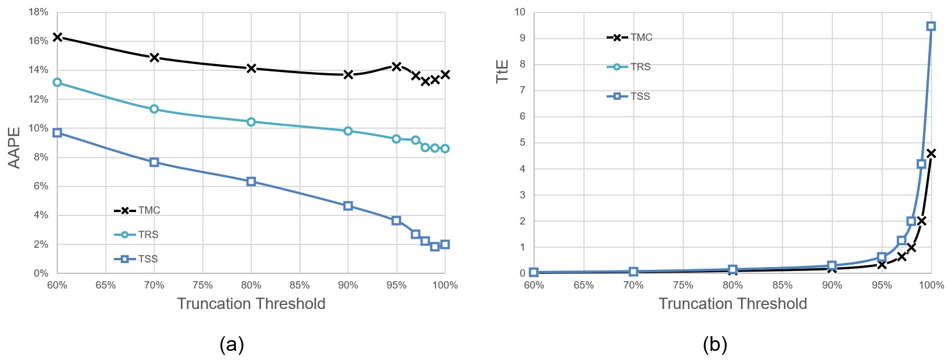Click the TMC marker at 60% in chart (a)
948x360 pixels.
(57, 37)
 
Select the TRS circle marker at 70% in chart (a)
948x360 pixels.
(154, 109)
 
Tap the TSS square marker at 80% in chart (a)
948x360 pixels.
(251, 181)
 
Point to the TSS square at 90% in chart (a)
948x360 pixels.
(348, 206)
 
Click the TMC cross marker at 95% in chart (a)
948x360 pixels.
(396, 66)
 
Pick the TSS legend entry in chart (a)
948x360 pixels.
(136, 259)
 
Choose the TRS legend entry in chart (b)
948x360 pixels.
(629, 67)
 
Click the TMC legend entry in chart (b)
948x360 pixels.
(630, 37)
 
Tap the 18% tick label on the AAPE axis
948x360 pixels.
(38, 12)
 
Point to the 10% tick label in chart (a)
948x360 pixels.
(38, 128)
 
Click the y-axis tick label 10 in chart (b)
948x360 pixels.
(520, 12)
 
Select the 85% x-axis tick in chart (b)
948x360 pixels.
(782, 285)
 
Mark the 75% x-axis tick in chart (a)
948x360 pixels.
(202, 285)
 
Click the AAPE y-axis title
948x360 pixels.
(14, 147)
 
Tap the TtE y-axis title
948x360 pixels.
(502, 71)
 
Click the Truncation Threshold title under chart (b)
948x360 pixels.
(733, 304)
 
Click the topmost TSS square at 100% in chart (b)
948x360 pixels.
(930, 26)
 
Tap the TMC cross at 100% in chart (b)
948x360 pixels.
(930, 153)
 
